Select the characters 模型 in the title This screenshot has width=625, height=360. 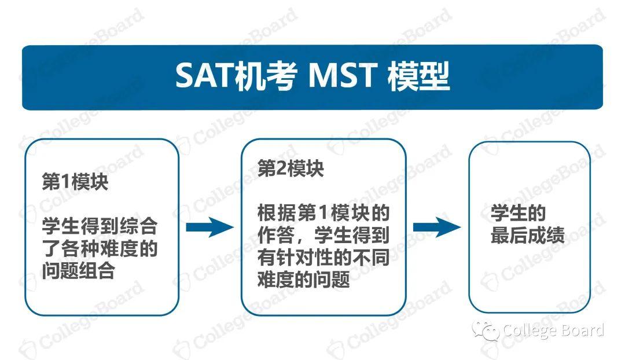pyautogui.click(x=418, y=76)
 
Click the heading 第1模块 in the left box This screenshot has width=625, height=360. pyautogui.click(x=75, y=182)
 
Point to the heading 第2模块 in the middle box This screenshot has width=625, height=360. pyautogui.click(x=291, y=168)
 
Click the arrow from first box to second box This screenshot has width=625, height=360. pyautogui.click(x=209, y=227)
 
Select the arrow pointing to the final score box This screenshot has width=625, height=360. pyautogui.click(x=436, y=227)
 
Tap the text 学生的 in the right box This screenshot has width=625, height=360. pyautogui.click(x=518, y=214)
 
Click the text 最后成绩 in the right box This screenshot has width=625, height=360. pyautogui.click(x=527, y=236)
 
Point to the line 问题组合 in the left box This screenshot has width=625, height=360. pyautogui.click(x=78, y=270)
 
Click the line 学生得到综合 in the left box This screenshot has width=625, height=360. pyautogui.click(x=100, y=226)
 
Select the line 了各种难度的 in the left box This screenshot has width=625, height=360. pyautogui.click(x=100, y=248)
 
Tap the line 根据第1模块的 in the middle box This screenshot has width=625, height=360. pyautogui.click(x=323, y=213)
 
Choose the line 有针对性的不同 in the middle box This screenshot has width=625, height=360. pyautogui.click(x=323, y=258)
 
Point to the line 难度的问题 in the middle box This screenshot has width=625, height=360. pyautogui.click(x=304, y=280)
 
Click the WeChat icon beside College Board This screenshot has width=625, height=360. pyautogui.click(x=485, y=331)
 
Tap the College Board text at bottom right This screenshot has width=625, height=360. pyautogui.click(x=553, y=330)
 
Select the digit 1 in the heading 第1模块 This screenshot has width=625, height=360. pyautogui.click(x=64, y=183)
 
